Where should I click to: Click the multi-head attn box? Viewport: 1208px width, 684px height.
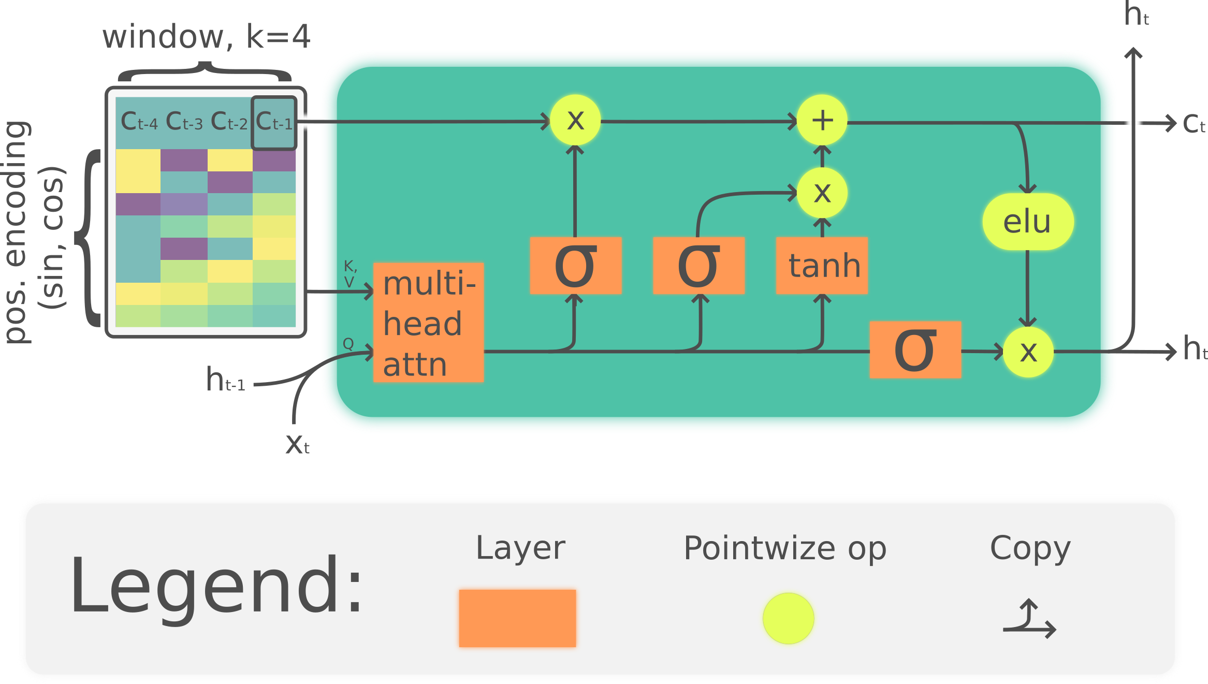[428, 322]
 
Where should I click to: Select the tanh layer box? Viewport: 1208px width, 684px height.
[822, 265]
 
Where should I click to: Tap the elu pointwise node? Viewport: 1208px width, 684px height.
[1028, 222]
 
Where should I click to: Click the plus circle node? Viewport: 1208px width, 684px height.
[822, 120]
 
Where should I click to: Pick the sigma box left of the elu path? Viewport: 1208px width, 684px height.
[915, 350]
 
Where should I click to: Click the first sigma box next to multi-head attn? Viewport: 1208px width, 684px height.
[575, 265]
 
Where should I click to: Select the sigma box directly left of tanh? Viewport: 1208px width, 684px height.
[698, 265]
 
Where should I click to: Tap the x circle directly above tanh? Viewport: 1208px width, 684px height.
[822, 193]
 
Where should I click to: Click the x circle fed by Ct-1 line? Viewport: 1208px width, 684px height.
[575, 120]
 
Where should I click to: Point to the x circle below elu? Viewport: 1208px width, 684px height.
[1028, 352]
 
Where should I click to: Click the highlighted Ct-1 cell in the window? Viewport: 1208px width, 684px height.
[274, 122]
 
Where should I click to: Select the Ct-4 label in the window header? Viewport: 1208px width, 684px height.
[138, 122]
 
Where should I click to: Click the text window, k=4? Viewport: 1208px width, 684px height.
[206, 37]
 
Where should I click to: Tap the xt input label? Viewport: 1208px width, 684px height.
[297, 444]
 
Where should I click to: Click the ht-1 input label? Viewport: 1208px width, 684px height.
[225, 380]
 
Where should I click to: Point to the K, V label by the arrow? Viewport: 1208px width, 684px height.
[350, 274]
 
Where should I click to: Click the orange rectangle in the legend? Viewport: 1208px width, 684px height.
[517, 618]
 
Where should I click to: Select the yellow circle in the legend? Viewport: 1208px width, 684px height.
[788, 618]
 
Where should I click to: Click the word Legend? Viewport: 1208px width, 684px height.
[216, 585]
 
